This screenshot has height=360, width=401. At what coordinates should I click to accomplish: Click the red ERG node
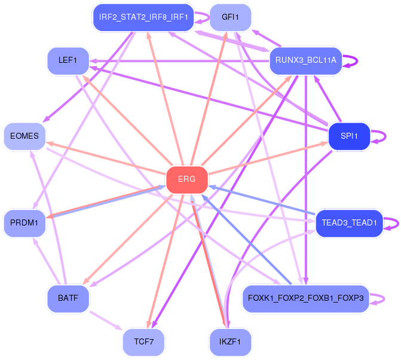click(187, 179)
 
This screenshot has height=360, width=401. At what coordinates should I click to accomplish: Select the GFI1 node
click(230, 17)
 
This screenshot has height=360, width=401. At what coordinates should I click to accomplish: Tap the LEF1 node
click(68, 60)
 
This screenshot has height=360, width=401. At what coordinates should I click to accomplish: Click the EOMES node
click(25, 136)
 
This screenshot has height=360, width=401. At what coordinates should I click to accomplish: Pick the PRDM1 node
click(25, 223)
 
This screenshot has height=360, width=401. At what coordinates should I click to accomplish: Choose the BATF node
click(68, 298)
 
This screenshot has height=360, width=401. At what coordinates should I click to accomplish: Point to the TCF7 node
click(143, 342)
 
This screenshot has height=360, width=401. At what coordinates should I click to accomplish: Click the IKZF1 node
click(230, 342)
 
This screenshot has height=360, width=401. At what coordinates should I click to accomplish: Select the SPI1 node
click(349, 136)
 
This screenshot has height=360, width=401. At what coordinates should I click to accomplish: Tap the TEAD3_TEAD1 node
click(350, 223)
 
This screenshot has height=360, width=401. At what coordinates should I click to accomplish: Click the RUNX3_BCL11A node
click(306, 60)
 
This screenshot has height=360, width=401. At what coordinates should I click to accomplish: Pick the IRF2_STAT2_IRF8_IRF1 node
click(143, 17)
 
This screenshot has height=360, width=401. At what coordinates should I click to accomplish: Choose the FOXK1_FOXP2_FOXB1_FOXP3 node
click(306, 298)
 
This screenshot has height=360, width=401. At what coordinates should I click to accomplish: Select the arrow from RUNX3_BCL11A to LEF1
click(179, 61)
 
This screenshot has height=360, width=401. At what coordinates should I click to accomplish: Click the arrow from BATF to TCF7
click(106, 321)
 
